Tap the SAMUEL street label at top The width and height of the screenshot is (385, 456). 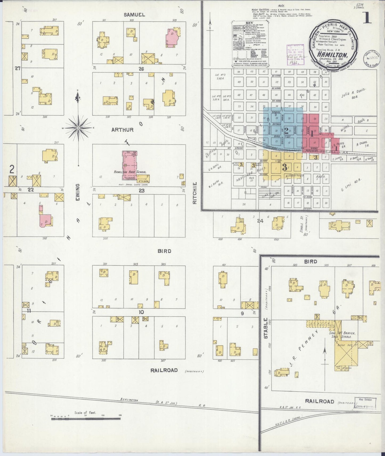(134, 15)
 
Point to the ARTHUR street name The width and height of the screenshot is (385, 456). (122, 130)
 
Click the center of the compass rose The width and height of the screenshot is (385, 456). (78, 128)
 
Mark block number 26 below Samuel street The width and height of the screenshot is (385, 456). (141, 69)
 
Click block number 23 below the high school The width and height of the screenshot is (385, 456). (141, 190)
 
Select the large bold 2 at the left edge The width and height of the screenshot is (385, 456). (12, 169)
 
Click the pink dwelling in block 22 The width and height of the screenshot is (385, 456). (46, 221)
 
